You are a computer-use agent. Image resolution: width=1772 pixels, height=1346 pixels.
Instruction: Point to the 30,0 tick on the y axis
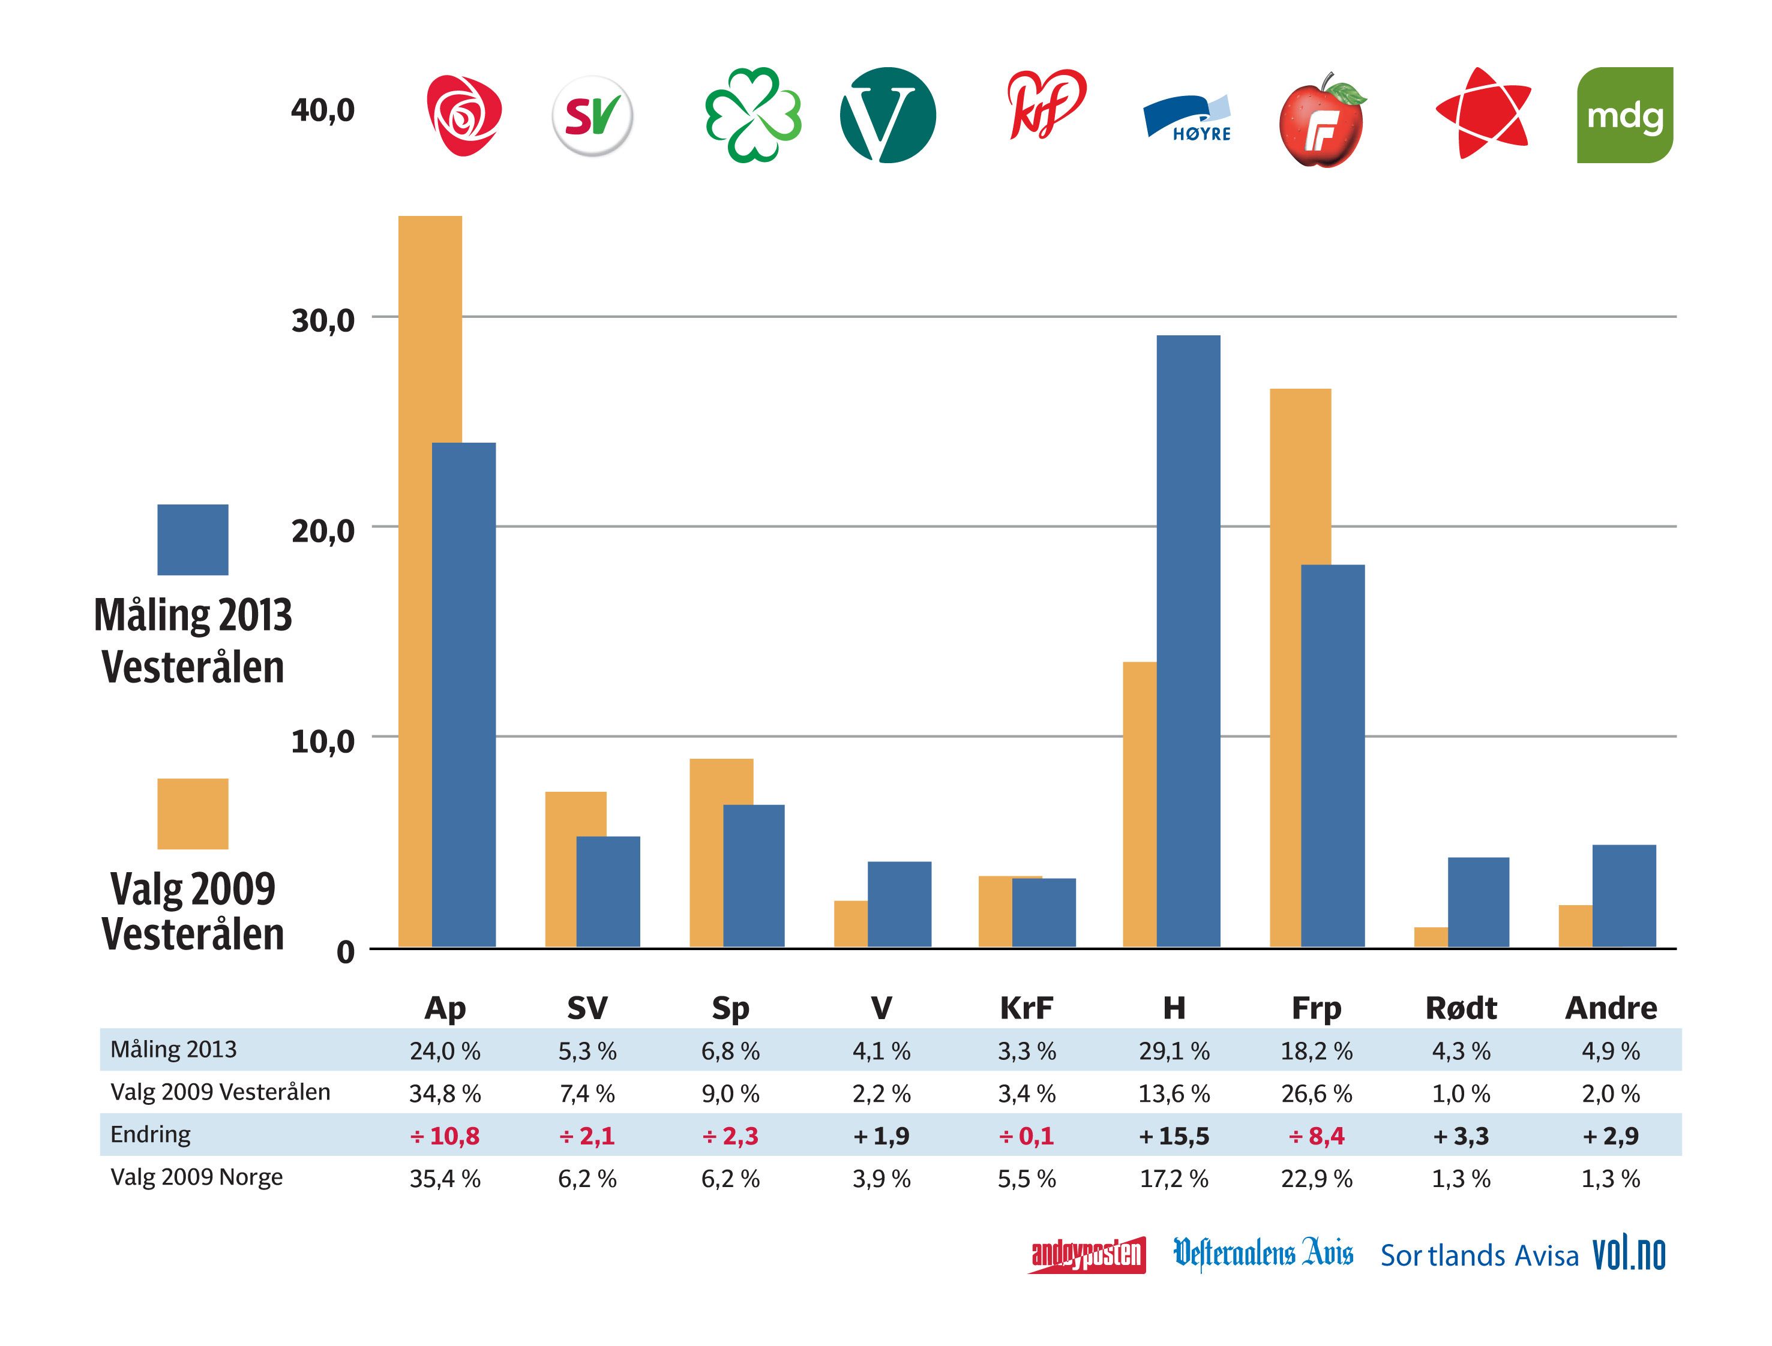point(322,320)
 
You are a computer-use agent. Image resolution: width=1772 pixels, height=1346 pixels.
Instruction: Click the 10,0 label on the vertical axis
point(322,741)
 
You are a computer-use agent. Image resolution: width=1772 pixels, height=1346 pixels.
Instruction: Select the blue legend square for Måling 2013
point(193,539)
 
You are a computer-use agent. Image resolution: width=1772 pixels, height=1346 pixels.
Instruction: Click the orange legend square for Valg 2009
point(193,813)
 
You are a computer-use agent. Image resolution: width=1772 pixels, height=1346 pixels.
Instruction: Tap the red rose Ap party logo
point(463,115)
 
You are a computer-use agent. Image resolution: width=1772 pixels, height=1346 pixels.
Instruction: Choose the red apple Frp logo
point(1321,120)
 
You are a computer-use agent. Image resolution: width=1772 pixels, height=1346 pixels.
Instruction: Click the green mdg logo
point(1624,115)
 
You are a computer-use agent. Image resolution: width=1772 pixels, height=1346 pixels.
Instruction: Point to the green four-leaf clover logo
point(752,115)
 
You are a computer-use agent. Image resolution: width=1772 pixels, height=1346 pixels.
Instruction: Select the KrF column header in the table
point(1026,1008)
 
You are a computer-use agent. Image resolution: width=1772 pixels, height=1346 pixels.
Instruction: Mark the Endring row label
point(151,1134)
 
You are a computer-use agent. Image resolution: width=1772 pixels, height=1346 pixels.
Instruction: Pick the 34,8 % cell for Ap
point(445,1093)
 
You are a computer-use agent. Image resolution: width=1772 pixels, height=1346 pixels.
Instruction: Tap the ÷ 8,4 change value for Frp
point(1316,1136)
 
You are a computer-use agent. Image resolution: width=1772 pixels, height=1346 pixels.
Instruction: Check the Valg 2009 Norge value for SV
point(587,1179)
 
